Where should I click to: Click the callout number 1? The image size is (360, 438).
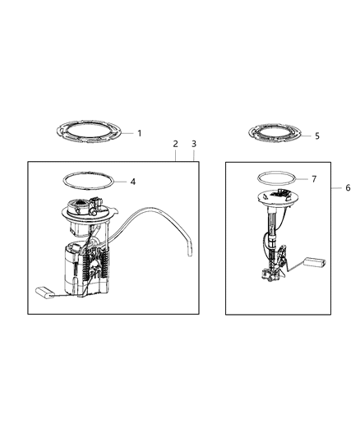pos(139,132)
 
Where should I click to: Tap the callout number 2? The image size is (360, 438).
pos(176,144)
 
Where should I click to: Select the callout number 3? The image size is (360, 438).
pos(193,144)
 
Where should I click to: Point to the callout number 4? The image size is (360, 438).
pos(132,181)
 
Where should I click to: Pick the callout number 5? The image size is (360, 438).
pos(317,136)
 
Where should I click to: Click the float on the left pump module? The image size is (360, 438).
pos(43,288)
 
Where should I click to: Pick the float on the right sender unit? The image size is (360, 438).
pos(316,262)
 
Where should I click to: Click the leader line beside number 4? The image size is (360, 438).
pos(121,181)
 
